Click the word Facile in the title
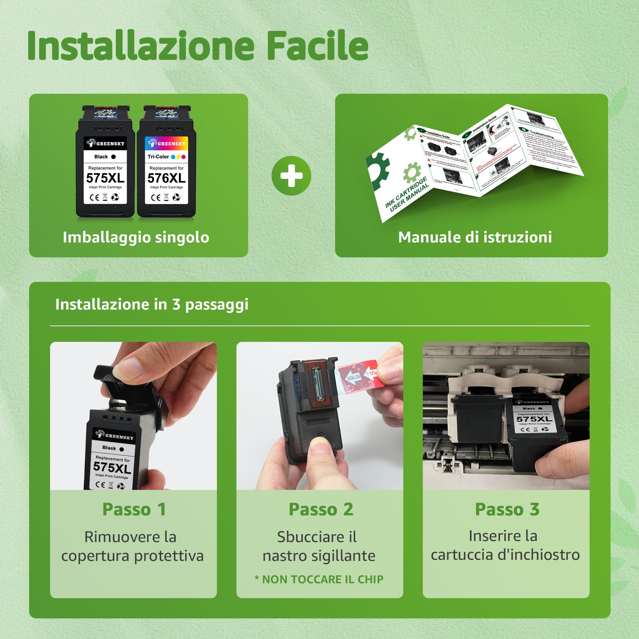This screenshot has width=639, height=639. pyautogui.click(x=317, y=46)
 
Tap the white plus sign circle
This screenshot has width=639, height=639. pyautogui.click(x=291, y=176)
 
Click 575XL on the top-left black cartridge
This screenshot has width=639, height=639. pyautogui.click(x=105, y=177)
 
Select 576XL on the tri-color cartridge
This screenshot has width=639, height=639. pyautogui.click(x=166, y=177)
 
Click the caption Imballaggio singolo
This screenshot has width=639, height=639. pyautogui.click(x=136, y=237)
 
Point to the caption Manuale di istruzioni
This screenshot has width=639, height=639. pyautogui.click(x=475, y=237)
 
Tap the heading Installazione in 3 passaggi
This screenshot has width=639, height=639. pyautogui.click(x=152, y=305)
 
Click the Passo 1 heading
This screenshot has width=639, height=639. pyautogui.click(x=134, y=509)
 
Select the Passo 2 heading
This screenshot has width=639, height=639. pyautogui.click(x=321, y=509)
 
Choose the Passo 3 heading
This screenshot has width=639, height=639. pyautogui.click(x=507, y=509)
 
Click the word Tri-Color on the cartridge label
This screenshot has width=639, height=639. pyautogui.click(x=158, y=157)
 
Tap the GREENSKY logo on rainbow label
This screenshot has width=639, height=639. pyautogui.click(x=167, y=143)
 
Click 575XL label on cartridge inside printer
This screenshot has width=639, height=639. pyautogui.click(x=534, y=419)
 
